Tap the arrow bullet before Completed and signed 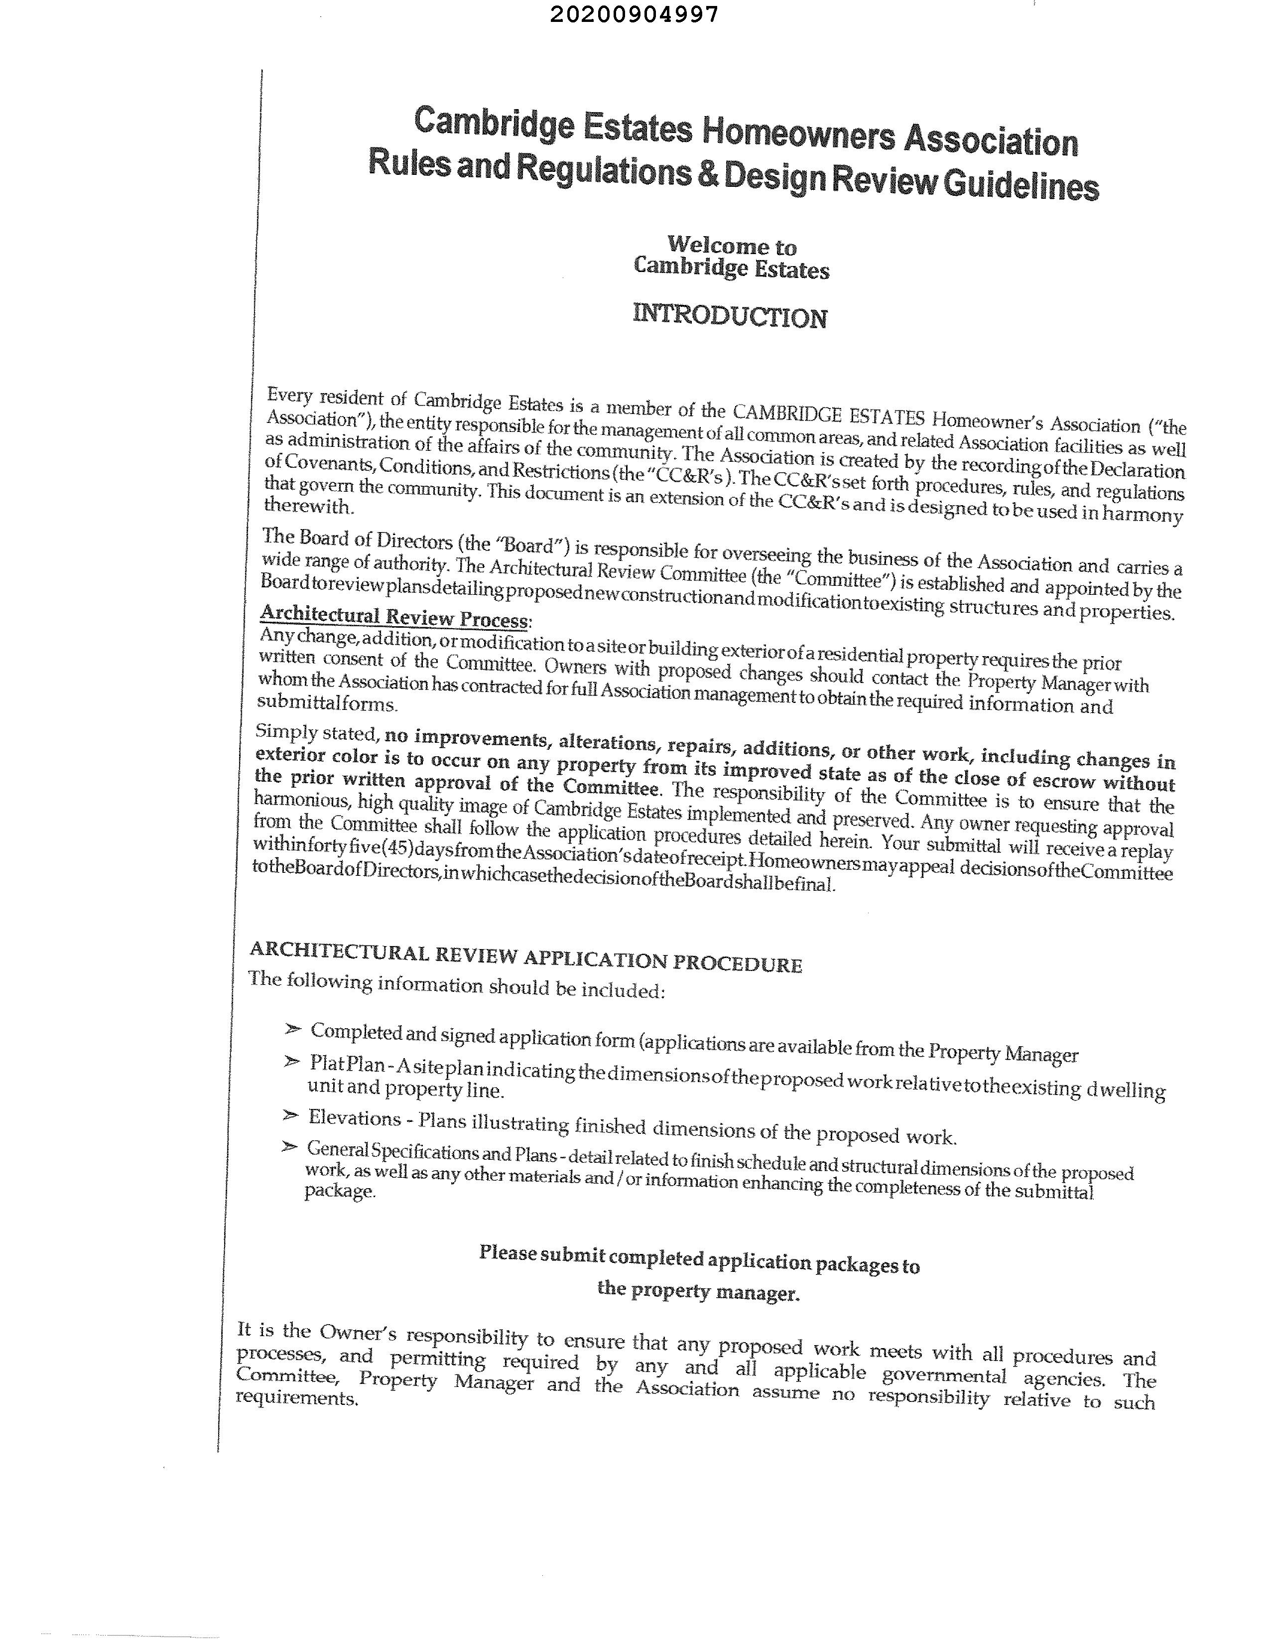coord(293,1029)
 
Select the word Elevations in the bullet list coord(354,1118)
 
